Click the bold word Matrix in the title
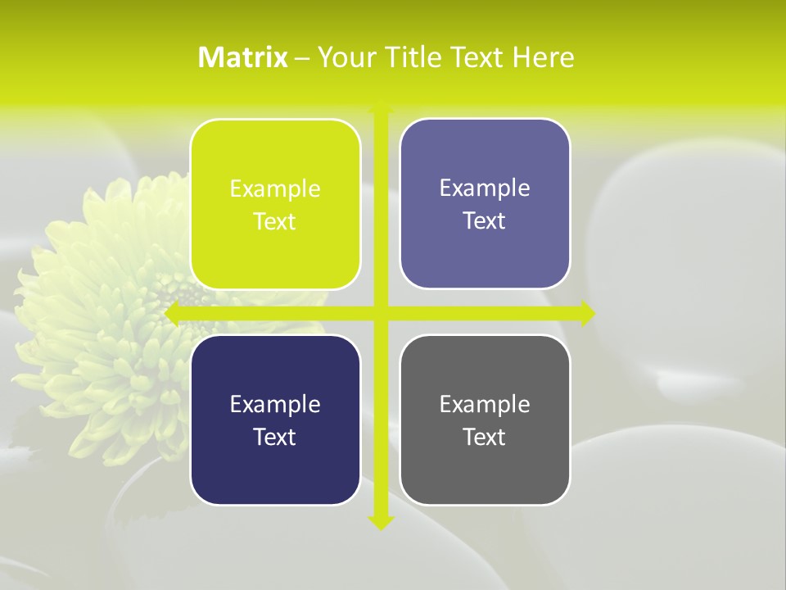pyautogui.click(x=242, y=57)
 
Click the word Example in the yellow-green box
pyautogui.click(x=275, y=189)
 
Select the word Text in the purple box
pyautogui.click(x=484, y=221)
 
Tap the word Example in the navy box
pyautogui.click(x=275, y=405)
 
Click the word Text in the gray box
pyautogui.click(x=484, y=437)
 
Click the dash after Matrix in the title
pyautogui.click(x=302, y=58)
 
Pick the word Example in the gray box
pyautogui.click(x=485, y=405)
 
